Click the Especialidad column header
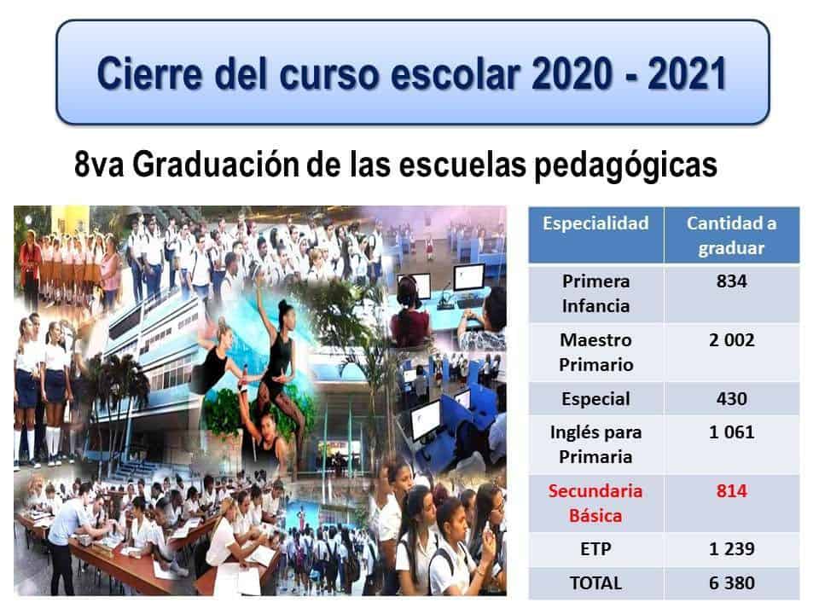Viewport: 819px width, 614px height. click(595, 223)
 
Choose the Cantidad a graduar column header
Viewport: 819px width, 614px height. click(731, 235)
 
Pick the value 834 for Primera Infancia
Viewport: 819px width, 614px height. click(731, 281)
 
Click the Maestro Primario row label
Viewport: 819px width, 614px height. click(596, 352)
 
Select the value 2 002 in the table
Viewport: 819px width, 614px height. click(731, 340)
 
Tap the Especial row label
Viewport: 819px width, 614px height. click(595, 399)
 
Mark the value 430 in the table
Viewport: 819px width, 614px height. click(731, 399)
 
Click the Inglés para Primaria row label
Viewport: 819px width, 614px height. click(596, 445)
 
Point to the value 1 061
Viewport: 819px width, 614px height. click(731, 432)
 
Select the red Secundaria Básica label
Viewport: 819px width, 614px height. click(595, 504)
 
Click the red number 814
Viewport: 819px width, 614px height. click(731, 491)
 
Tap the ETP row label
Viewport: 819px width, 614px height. click(595, 549)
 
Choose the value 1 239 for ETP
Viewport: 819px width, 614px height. click(731, 549)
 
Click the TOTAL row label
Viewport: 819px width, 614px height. click(595, 583)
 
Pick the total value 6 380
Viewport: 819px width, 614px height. click(731, 583)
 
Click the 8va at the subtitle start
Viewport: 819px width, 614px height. click(99, 165)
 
